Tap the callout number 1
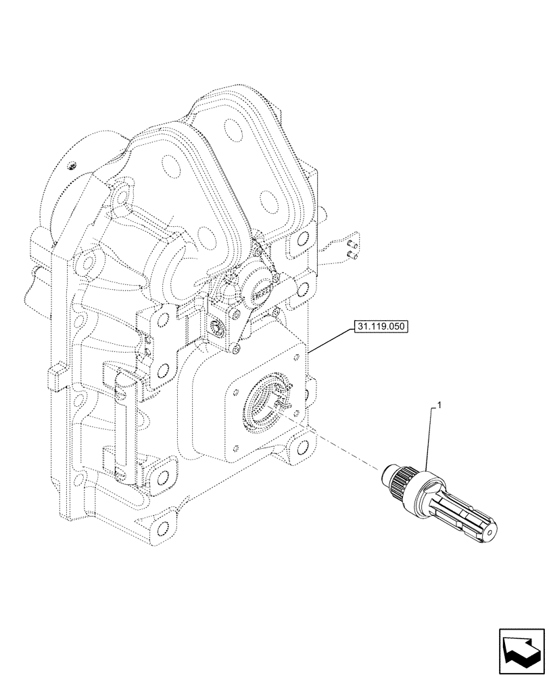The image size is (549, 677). (x=439, y=406)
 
